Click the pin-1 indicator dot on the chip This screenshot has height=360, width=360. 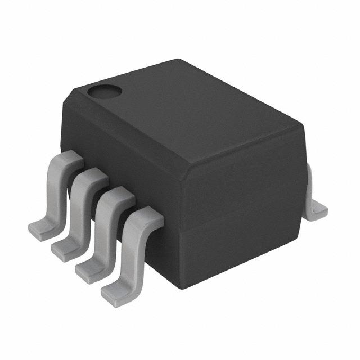103,89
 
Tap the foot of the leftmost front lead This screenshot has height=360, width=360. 40,230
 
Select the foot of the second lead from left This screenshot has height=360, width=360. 64,247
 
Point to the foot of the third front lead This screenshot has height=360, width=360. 89,268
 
